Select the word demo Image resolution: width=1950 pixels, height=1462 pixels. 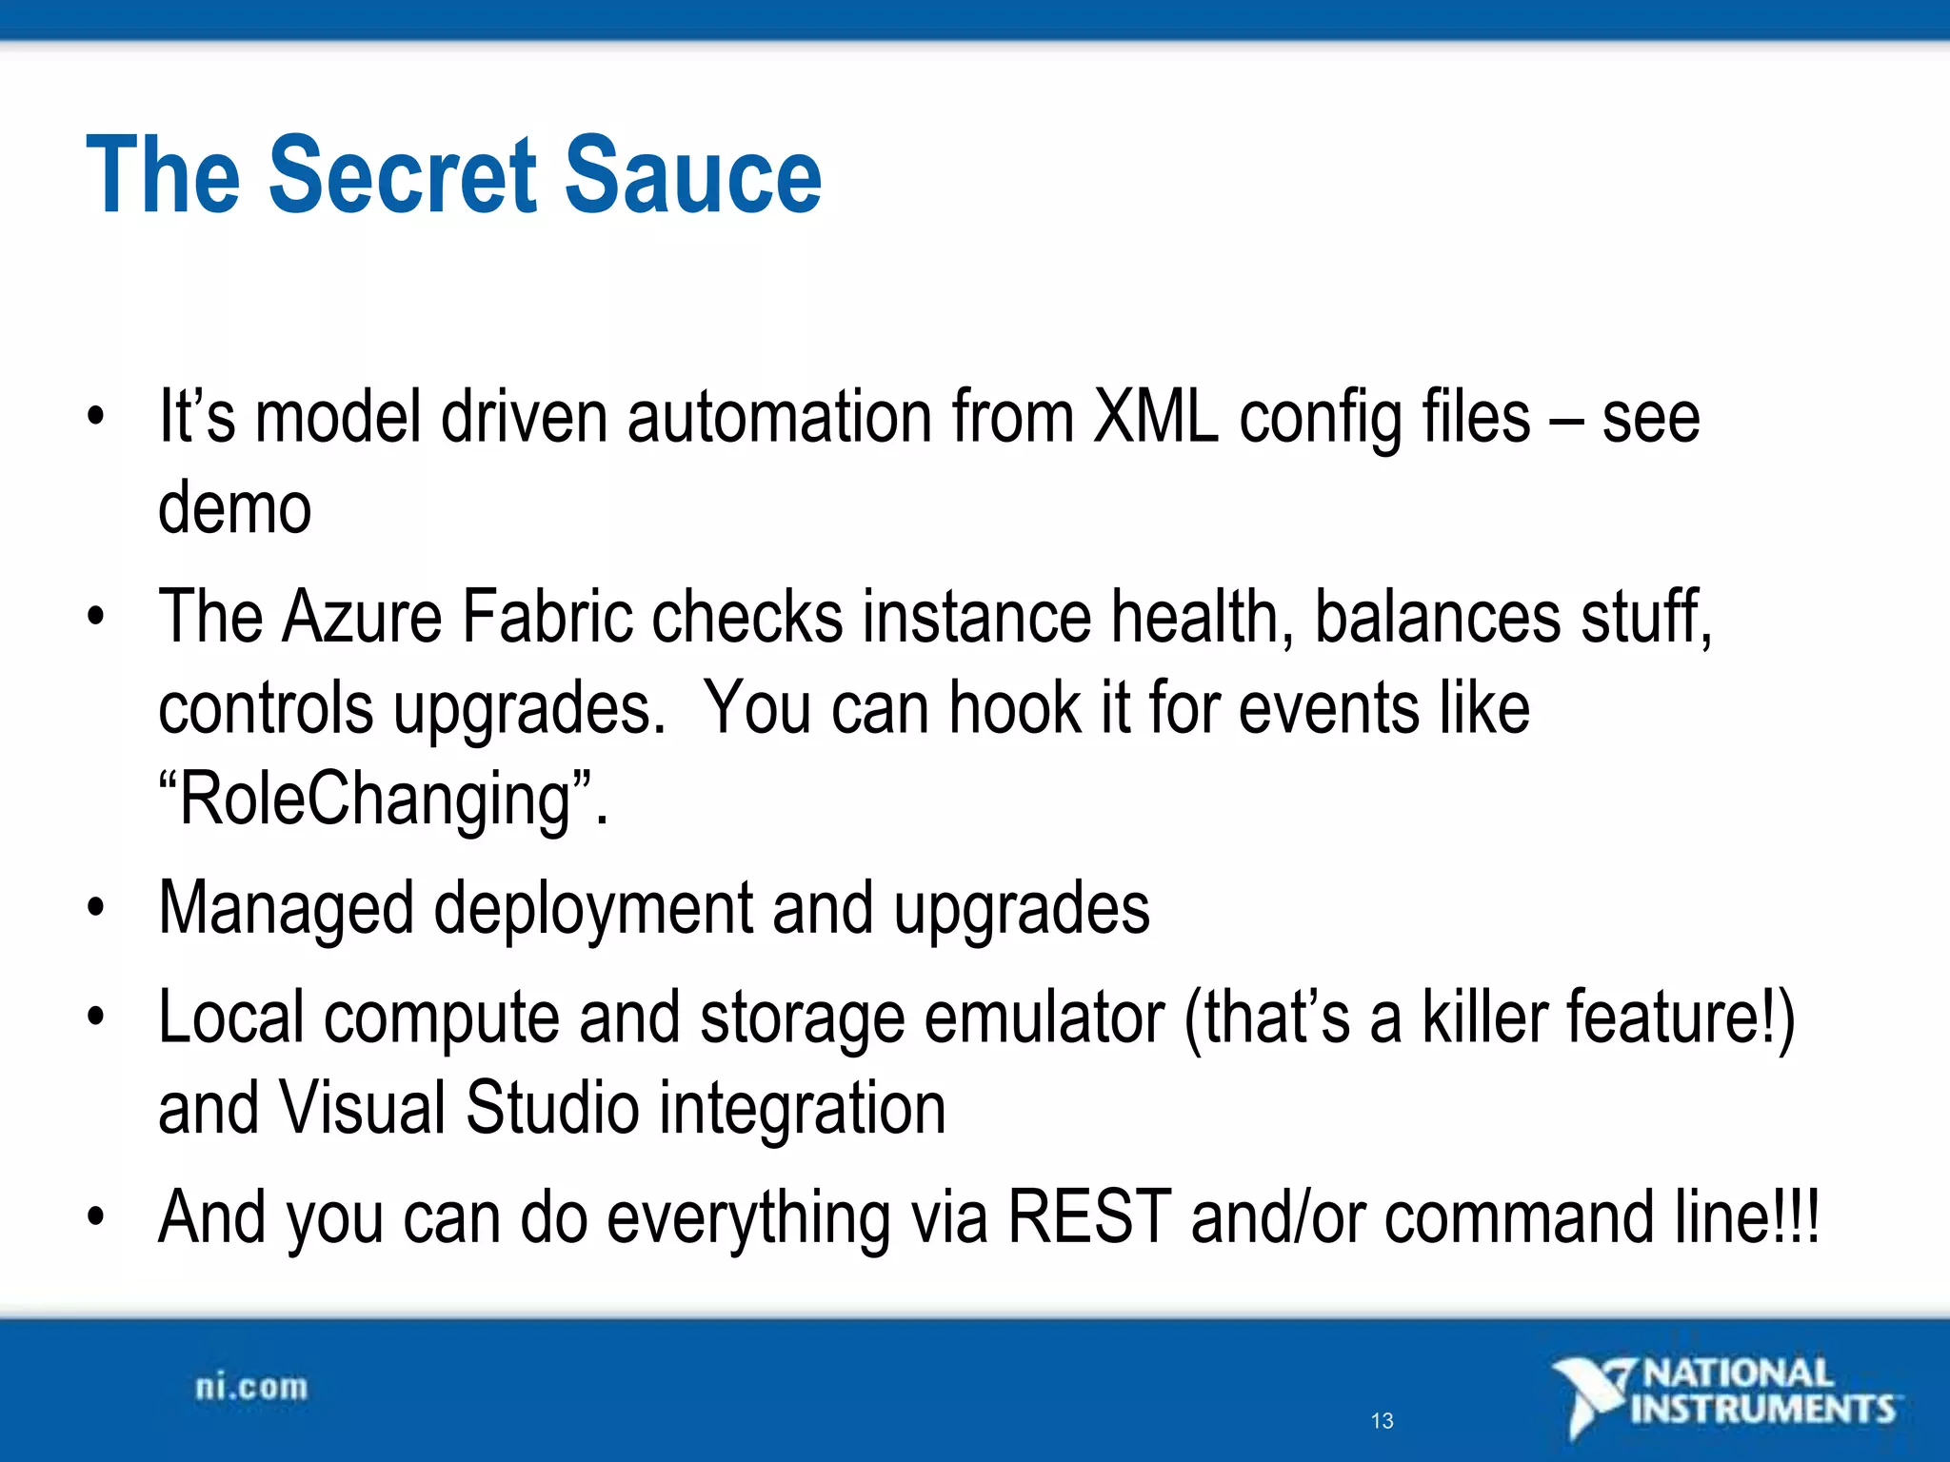pyautogui.click(x=234, y=507)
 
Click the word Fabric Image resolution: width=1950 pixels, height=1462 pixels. pyautogui.click(x=547, y=617)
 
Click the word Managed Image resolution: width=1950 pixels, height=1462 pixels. pyautogui.click(x=286, y=909)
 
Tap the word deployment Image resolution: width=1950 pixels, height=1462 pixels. pyautogui.click(x=593, y=909)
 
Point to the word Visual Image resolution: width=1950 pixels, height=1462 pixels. pyautogui.click(x=362, y=1109)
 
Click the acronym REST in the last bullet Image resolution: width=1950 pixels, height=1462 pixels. pyautogui.click(x=1088, y=1218)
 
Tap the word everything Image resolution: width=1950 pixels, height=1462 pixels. pyautogui.click(x=747, y=1218)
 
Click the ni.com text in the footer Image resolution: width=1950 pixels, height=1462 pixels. pyautogui.click(x=251, y=1388)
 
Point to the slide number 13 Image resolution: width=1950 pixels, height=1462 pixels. pyautogui.click(x=1382, y=1421)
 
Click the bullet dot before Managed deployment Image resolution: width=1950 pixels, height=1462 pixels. pyautogui.click(x=94, y=909)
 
